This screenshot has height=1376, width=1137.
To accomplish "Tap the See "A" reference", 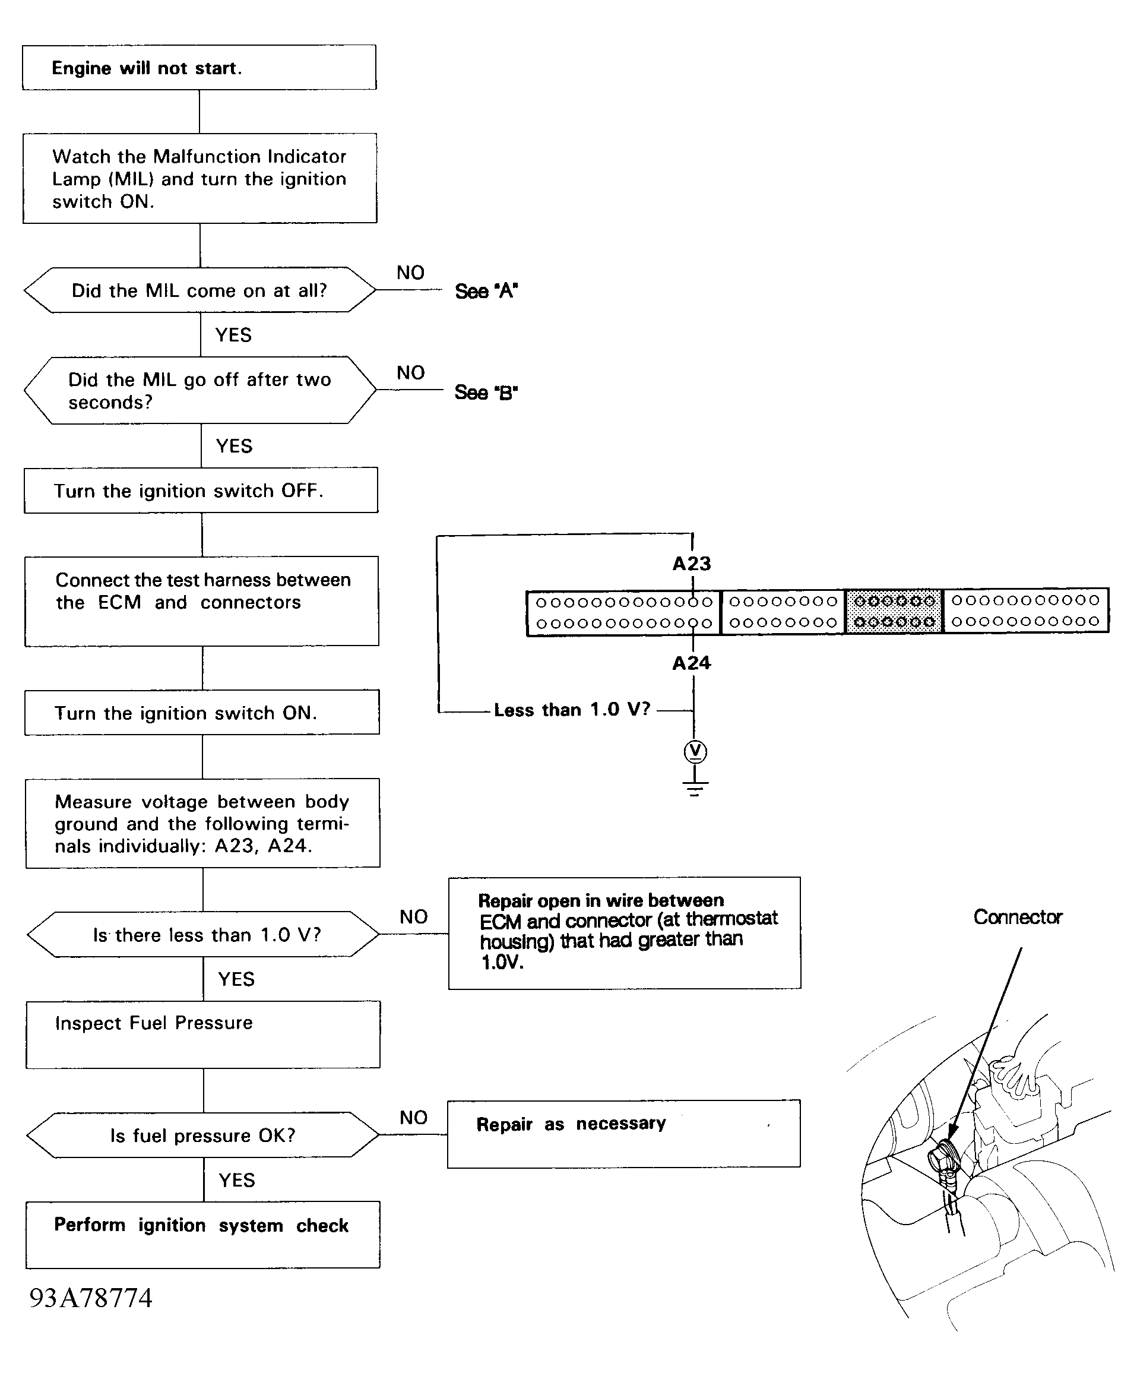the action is click(486, 291).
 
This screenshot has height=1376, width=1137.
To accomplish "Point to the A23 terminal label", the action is click(692, 563).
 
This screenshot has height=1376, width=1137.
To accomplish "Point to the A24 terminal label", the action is click(692, 663).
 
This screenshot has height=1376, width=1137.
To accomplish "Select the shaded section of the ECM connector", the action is click(894, 610).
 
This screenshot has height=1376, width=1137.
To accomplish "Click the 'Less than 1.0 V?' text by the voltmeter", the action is click(572, 709).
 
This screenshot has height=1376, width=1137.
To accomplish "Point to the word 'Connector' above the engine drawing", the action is click(1018, 917).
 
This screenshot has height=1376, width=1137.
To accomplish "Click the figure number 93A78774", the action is click(91, 1298).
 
